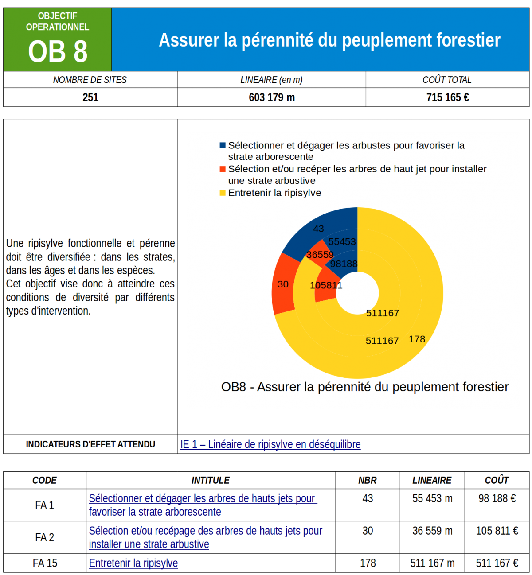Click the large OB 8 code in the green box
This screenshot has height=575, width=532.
tap(58, 52)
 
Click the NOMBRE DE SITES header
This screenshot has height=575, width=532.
tap(90, 80)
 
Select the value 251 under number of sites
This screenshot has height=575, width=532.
tap(90, 97)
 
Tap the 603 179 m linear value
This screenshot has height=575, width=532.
tap(272, 97)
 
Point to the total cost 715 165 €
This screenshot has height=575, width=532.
tap(448, 97)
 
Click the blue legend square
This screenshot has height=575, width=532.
tap(223, 145)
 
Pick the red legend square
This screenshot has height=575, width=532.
tap(223, 169)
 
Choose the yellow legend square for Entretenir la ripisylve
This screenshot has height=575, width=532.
tap(223, 193)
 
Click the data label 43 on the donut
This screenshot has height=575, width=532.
tap(318, 229)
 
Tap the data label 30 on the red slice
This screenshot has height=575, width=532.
tap(283, 284)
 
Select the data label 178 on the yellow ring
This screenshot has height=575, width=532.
tap(417, 339)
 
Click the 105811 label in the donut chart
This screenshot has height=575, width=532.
tap(326, 285)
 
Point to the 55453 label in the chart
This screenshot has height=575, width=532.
tap(342, 242)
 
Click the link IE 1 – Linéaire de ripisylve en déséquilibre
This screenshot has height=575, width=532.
tap(270, 444)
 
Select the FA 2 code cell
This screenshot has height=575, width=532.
tap(45, 537)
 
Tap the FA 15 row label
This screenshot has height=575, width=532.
tap(45, 563)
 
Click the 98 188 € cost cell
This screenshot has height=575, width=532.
tap(497, 498)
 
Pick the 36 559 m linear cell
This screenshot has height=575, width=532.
tap(432, 531)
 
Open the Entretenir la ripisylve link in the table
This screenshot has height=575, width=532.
tap(133, 563)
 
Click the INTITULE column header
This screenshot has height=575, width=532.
tap(211, 480)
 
